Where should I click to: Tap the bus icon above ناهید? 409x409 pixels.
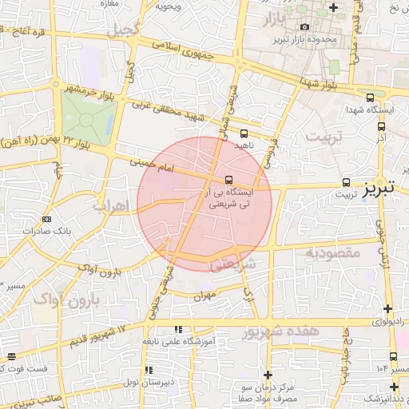(243, 134)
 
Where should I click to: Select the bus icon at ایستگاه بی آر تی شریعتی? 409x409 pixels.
(229, 179)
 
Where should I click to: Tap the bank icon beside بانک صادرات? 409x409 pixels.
(46, 219)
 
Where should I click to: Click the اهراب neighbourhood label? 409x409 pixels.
(110, 205)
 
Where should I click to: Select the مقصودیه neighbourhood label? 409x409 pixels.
(332, 252)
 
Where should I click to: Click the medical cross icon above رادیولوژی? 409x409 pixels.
(387, 308)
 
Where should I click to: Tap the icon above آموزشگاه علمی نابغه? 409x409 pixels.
(179, 328)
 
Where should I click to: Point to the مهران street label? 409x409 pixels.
(205, 296)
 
